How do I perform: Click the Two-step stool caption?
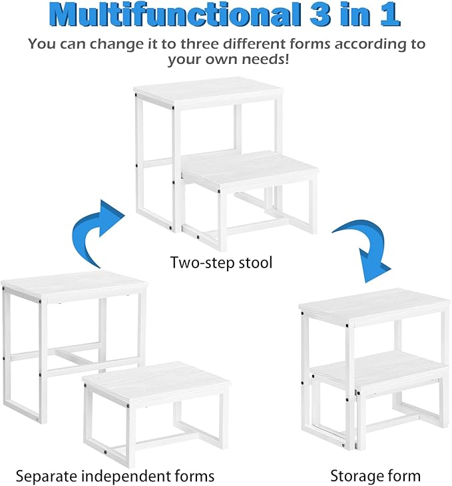pos(221,262)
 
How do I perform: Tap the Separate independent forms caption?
pos(114,475)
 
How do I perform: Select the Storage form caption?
pos(375,475)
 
